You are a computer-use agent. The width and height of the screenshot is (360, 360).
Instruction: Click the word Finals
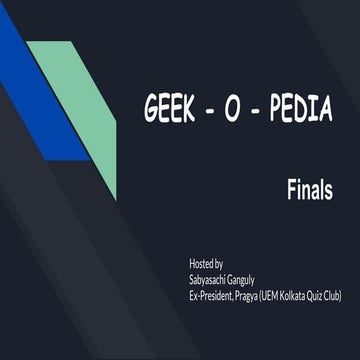[x=309, y=190]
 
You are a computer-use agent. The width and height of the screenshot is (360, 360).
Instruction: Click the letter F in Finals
[x=291, y=190]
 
